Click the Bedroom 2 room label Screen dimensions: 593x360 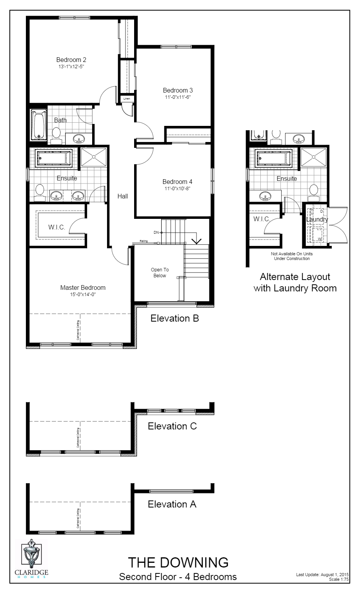click(71, 60)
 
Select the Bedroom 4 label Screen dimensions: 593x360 click(177, 182)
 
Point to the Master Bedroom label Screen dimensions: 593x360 click(83, 287)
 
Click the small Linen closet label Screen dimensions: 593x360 click(127, 98)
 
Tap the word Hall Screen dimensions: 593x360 click(123, 196)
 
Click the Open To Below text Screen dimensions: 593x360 click(160, 273)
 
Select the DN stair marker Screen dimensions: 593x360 click(156, 233)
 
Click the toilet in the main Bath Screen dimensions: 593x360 click(56, 134)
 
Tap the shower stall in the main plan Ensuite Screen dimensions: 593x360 click(94, 157)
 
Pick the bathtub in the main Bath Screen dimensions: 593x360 click(38, 125)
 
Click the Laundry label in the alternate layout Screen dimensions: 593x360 click(317, 220)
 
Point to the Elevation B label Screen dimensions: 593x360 click(175, 318)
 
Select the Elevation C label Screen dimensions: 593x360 click(172, 426)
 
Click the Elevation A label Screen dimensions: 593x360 click(172, 504)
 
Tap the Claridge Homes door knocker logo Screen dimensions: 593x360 click(31, 553)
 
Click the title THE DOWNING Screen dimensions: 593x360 click(178, 562)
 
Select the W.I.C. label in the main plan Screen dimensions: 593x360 click(57, 227)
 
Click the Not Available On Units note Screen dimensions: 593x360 click(291, 254)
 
